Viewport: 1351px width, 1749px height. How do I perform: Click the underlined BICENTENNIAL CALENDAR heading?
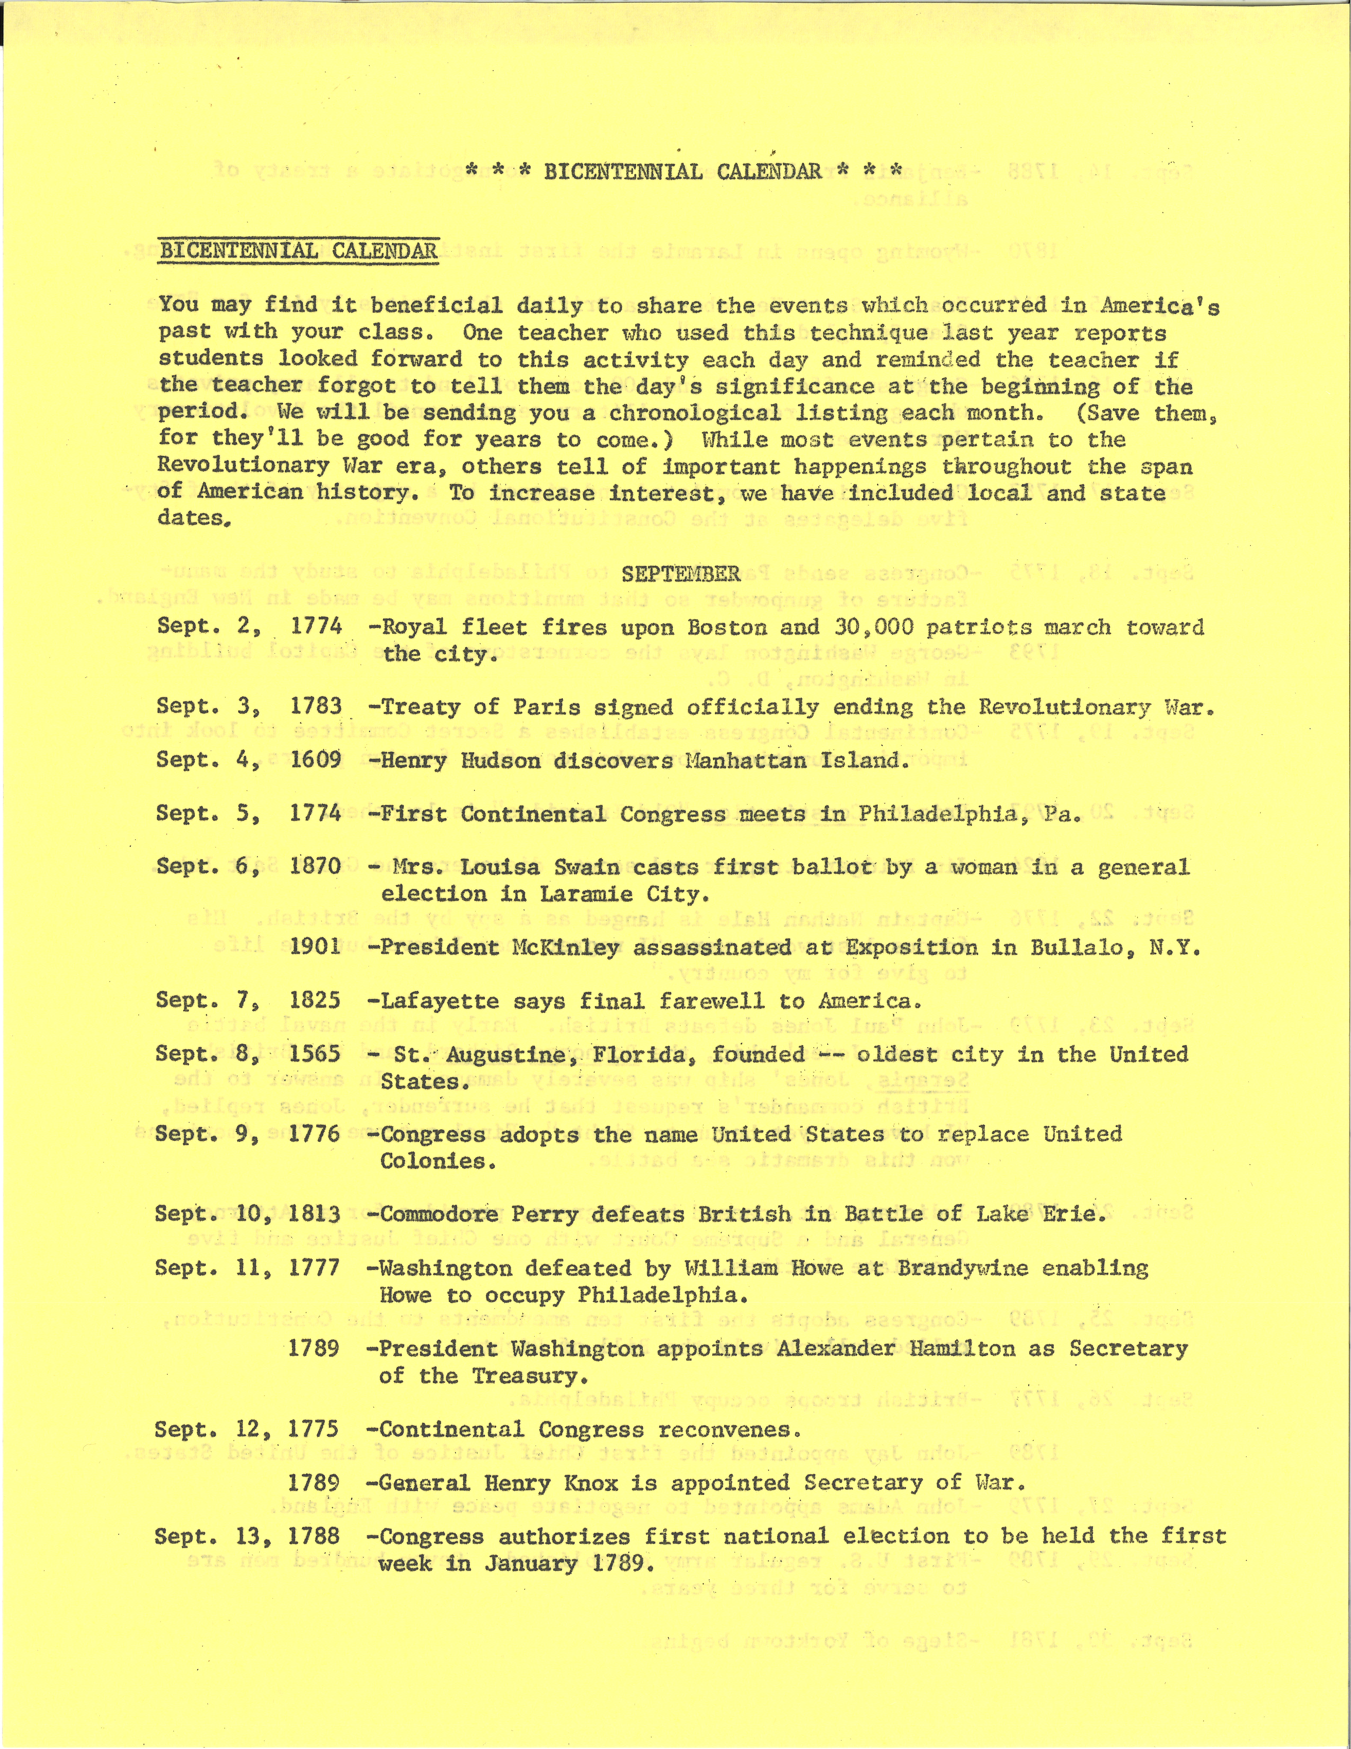299,251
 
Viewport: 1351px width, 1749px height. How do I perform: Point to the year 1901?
315,947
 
